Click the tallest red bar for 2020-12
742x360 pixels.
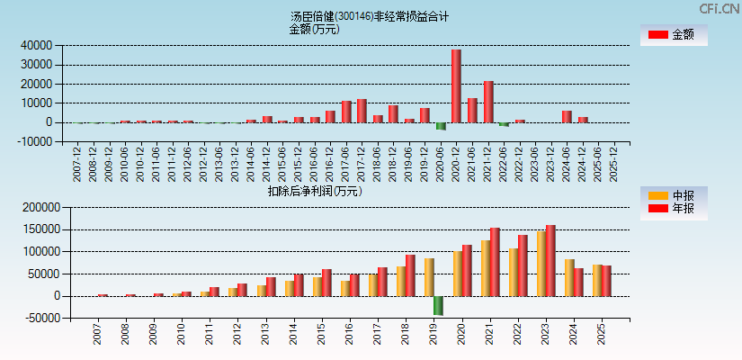(x=456, y=85)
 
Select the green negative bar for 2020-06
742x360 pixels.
(x=441, y=126)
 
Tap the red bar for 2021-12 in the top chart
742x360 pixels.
(x=488, y=102)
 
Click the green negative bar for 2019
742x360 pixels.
(x=438, y=305)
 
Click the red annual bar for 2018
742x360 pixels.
(x=410, y=275)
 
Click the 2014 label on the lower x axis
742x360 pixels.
(x=293, y=336)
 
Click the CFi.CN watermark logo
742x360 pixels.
(x=719, y=9)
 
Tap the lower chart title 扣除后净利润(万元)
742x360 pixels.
(x=314, y=191)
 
